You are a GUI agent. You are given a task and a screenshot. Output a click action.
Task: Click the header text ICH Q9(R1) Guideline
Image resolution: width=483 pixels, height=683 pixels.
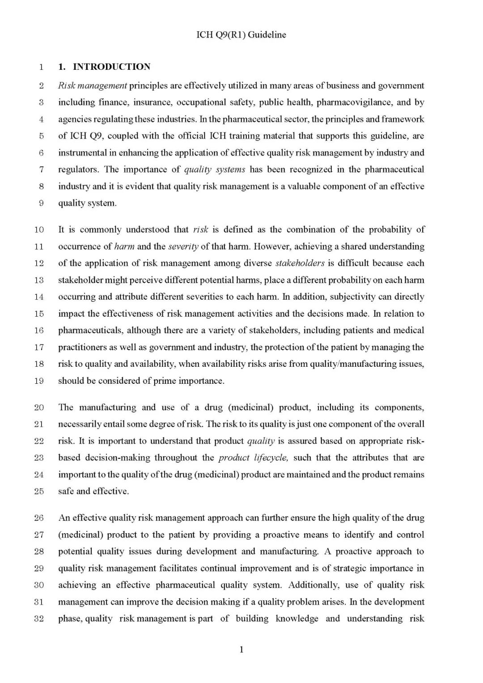coord(241,35)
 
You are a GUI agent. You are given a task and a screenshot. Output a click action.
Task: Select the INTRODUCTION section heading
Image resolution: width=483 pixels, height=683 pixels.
coord(111,67)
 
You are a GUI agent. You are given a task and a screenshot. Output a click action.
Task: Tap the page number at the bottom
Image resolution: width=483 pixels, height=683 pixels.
coord(241,649)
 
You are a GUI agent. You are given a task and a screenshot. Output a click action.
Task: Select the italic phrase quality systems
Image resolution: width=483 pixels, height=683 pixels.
coord(215,169)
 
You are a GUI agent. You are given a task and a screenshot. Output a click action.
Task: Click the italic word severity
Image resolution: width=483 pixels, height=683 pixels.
coord(183,246)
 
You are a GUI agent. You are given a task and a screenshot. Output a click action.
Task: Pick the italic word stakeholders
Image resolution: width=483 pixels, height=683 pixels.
coord(300,263)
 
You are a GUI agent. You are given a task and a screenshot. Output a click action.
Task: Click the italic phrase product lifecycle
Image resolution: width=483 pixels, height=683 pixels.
coord(253,458)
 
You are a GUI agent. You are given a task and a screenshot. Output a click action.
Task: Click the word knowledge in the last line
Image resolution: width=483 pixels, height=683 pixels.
coord(297,619)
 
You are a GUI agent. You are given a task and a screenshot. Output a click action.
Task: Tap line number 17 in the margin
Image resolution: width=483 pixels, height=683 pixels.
coord(39,347)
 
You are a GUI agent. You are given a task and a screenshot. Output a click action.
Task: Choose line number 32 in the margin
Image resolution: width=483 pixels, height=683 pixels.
coord(39,619)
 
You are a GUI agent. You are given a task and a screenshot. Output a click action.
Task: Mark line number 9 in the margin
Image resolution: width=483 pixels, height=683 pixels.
coord(41,203)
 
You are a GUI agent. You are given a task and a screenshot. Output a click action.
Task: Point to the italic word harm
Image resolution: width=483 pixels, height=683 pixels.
coord(124,246)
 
